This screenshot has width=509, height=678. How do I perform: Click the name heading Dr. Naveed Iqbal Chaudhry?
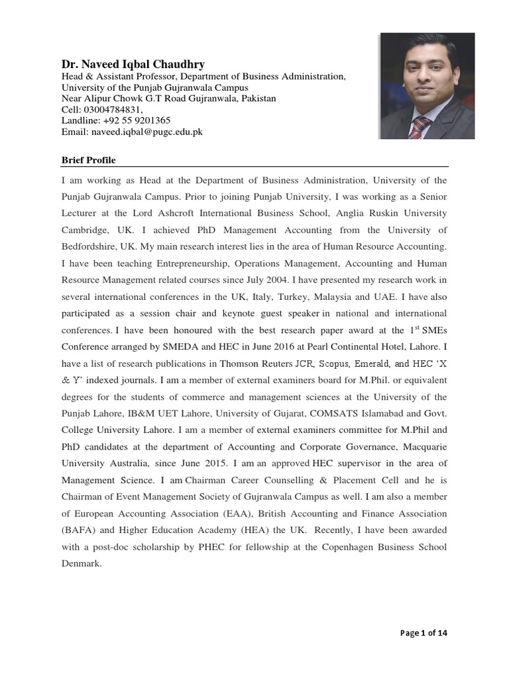(133, 64)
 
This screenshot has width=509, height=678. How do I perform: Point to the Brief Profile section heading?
(88, 160)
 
